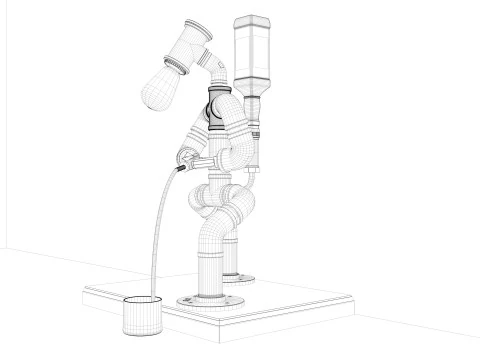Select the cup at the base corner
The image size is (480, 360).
[141, 317]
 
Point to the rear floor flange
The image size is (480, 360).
[240, 274]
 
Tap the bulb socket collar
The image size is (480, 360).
[177, 63]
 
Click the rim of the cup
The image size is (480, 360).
[141, 302]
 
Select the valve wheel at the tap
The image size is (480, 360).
[185, 157]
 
